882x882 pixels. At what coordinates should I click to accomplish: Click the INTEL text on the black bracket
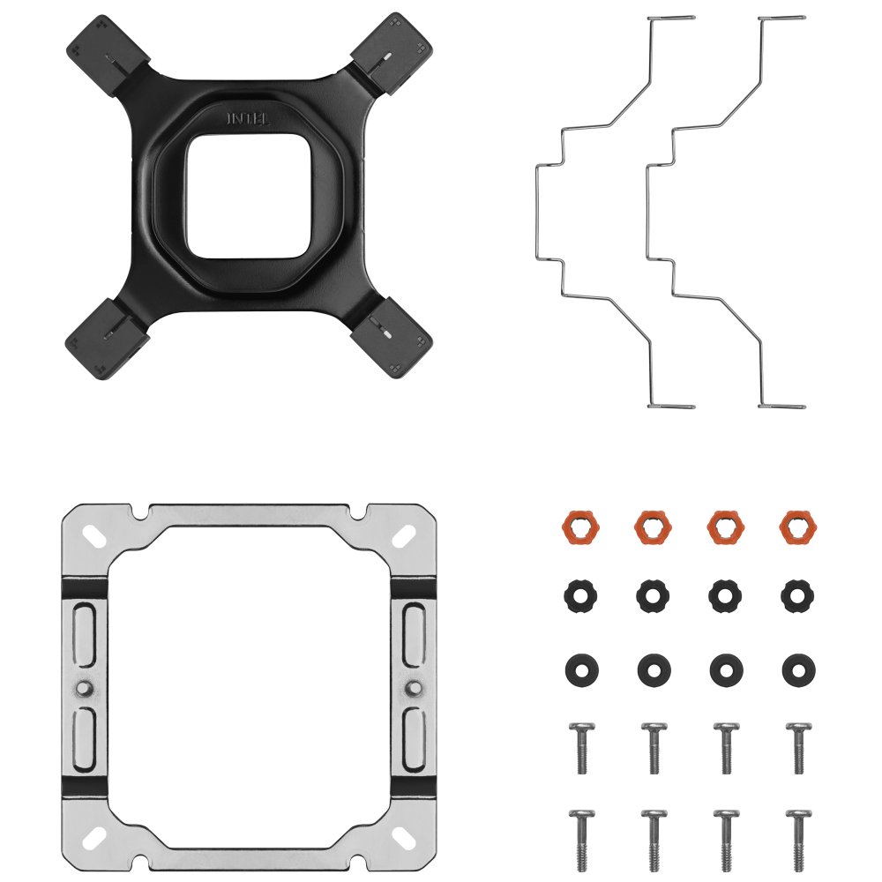[x=248, y=119]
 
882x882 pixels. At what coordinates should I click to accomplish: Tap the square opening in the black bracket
[x=248, y=197]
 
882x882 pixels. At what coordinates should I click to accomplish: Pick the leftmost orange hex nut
[x=580, y=527]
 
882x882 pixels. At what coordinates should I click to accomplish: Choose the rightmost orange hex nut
[x=798, y=527]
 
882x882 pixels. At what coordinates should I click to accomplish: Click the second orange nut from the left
[x=653, y=527]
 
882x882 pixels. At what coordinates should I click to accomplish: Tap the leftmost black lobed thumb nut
[x=580, y=595]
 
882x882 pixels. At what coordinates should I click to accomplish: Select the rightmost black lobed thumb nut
[x=798, y=595]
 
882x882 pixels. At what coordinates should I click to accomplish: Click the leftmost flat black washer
[x=581, y=670]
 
